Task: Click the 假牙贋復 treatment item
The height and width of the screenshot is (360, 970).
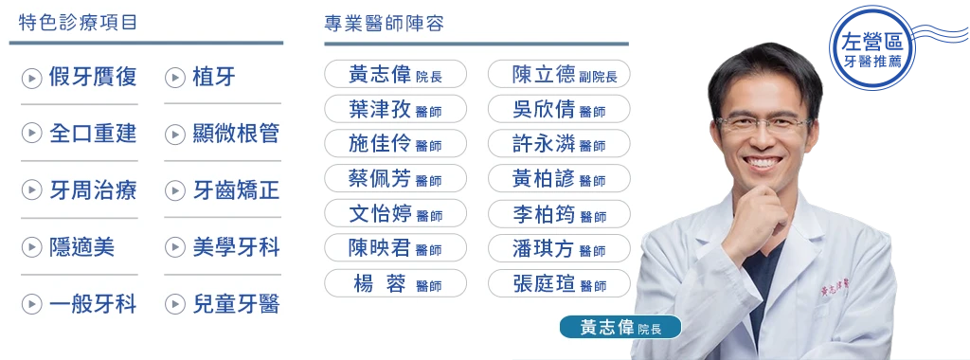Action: [x=92, y=78]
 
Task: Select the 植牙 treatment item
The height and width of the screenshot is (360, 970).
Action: [x=213, y=78]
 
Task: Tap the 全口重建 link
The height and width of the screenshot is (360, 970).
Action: [x=92, y=134]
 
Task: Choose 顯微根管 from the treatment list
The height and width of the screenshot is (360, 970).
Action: [x=235, y=134]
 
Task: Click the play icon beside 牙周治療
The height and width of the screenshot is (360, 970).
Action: [x=31, y=191]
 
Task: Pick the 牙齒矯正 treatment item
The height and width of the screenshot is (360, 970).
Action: [x=235, y=190]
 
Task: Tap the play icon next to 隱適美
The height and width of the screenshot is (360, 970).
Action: [x=31, y=248]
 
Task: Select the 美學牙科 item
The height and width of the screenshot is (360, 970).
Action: [x=235, y=247]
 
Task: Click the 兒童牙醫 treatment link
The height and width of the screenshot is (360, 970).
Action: [x=235, y=304]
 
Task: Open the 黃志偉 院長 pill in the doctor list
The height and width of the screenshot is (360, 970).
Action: [x=395, y=74]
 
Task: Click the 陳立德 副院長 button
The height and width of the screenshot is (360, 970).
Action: [x=559, y=74]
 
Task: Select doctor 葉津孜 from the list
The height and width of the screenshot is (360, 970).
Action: [x=395, y=109]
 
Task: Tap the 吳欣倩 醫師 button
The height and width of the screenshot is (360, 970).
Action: [x=559, y=109]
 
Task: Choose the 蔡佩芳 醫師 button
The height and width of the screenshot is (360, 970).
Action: [x=395, y=178]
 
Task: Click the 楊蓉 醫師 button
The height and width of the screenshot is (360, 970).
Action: [x=395, y=282]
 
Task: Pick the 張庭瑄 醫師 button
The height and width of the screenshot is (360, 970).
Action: [x=559, y=282]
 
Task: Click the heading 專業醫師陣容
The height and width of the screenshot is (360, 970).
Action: [x=384, y=23]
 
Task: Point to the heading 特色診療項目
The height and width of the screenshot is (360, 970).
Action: [x=72, y=22]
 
